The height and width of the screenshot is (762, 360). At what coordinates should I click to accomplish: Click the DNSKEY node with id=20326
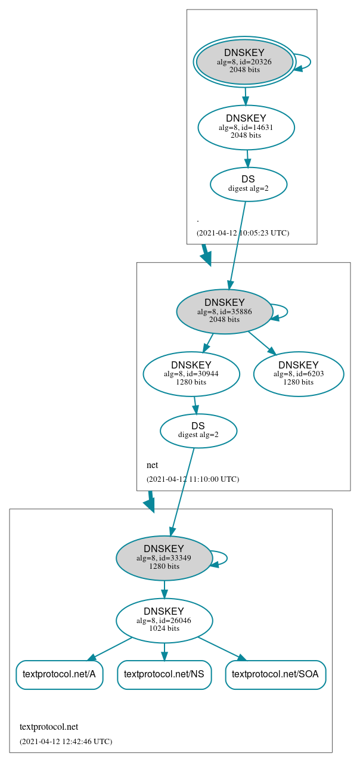(244, 62)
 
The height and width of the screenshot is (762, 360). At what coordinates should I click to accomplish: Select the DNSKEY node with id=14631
(246, 128)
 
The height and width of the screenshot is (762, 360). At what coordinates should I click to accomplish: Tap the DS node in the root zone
(248, 184)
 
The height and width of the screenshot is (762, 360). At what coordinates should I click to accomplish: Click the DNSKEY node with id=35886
(224, 312)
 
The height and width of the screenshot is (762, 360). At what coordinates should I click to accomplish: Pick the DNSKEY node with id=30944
(191, 374)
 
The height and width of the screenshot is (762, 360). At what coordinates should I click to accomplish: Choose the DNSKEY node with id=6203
(298, 374)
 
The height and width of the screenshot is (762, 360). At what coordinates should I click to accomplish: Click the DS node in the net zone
(198, 430)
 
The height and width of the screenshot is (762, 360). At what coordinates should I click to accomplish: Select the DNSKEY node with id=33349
(164, 558)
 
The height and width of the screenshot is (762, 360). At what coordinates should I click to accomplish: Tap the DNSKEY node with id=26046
(164, 621)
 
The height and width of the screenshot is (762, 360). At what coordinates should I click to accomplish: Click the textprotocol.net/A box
(59, 674)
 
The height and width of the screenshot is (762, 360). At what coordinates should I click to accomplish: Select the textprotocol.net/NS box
(164, 674)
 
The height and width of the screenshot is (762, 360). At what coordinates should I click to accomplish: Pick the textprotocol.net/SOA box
(275, 674)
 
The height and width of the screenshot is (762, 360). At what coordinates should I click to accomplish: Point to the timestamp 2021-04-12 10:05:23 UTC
(243, 233)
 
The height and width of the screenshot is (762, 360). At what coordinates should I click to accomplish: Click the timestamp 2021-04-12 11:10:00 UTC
(193, 479)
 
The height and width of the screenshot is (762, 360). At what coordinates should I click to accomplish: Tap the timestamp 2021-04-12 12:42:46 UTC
(66, 741)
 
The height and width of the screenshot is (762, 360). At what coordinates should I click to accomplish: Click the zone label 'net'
(152, 465)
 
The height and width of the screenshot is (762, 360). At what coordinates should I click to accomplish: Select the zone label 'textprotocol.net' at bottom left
(49, 727)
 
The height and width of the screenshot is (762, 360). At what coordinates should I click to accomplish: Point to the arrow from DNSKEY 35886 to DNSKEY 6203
(259, 343)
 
